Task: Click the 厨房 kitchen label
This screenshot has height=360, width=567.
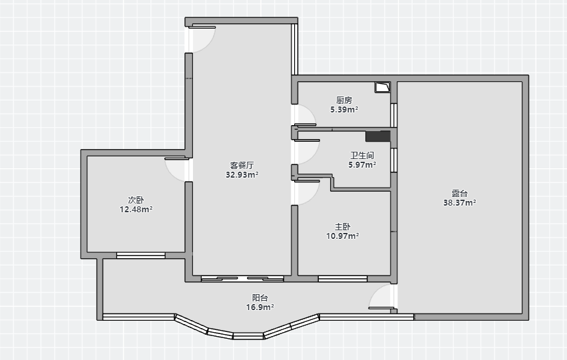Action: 344,100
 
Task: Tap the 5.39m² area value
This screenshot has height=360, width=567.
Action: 344,109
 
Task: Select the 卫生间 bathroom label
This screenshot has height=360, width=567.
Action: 362,156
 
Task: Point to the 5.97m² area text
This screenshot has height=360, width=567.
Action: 362,165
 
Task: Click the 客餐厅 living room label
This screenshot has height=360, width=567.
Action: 242,165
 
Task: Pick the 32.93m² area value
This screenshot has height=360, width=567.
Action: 242,174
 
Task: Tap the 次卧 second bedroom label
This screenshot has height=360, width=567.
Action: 136,200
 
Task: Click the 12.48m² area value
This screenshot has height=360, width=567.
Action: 136,209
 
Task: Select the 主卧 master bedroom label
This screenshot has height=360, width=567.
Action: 343,227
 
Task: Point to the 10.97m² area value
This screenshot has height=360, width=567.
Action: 343,236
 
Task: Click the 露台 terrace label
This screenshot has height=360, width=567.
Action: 460,194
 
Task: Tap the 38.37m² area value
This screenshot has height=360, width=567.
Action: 460,203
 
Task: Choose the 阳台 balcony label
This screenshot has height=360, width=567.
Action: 260,298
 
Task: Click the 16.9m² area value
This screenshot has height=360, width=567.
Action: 260,307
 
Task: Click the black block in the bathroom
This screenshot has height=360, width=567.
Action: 378,136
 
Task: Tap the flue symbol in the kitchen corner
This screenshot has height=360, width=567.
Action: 382,87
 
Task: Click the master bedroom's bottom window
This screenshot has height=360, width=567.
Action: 343,279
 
